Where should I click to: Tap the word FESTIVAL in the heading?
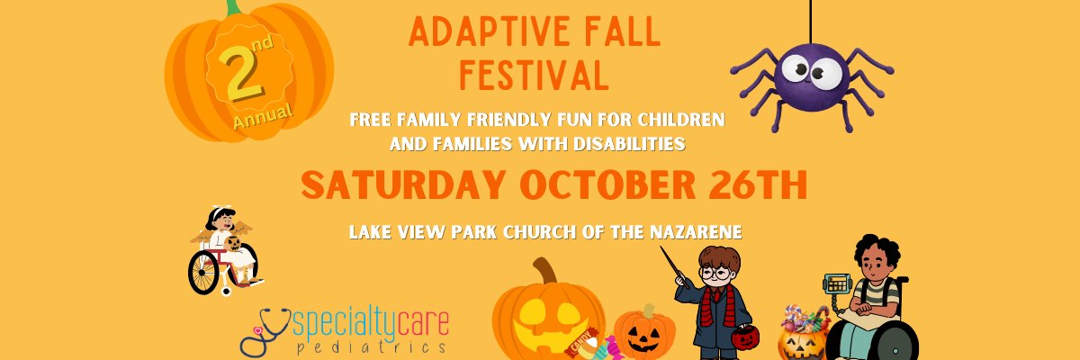(535, 76)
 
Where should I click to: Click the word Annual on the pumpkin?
(263, 116)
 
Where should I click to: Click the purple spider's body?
(812, 77)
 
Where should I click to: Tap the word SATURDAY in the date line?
(403, 184)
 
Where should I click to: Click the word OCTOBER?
(607, 184)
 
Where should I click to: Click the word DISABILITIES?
(629, 144)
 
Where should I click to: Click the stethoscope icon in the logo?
(265, 331)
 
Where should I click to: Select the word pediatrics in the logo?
(371, 347)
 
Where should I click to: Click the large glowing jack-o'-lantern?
(548, 316)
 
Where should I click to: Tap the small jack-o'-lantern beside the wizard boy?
(644, 333)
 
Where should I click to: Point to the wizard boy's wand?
(674, 267)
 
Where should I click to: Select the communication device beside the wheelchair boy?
(837, 283)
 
